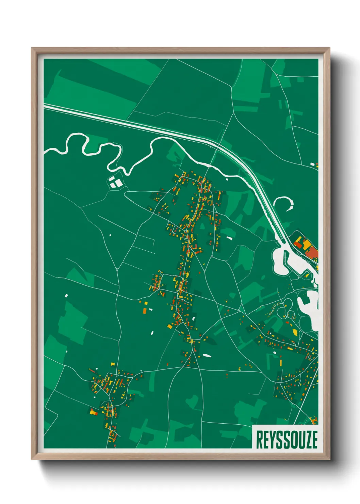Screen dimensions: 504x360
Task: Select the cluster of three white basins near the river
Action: click(115, 182)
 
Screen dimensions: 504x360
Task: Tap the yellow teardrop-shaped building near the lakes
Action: click(295, 331)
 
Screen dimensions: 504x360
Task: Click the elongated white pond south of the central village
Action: click(207, 356)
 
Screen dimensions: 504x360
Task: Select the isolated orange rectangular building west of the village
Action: click(144, 310)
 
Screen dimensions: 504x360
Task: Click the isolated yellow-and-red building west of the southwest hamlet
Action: click(93, 412)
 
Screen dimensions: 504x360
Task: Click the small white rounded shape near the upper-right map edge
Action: click(312, 164)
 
